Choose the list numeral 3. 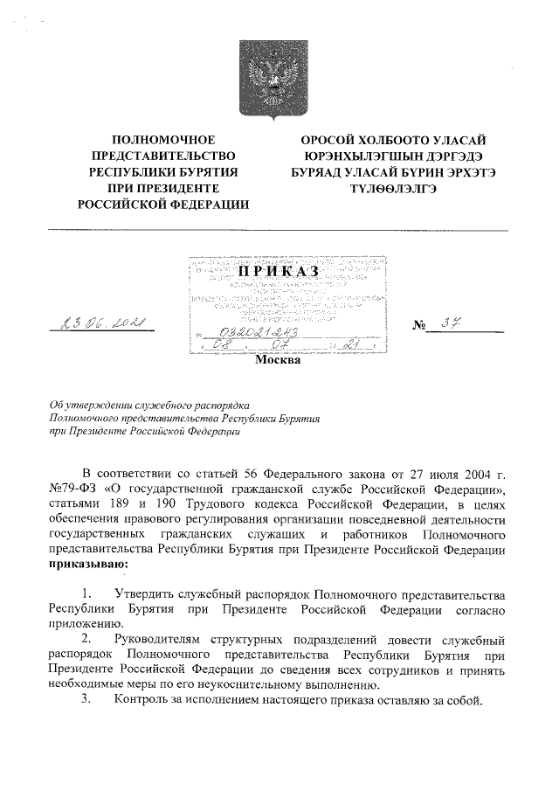pos(86,700)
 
